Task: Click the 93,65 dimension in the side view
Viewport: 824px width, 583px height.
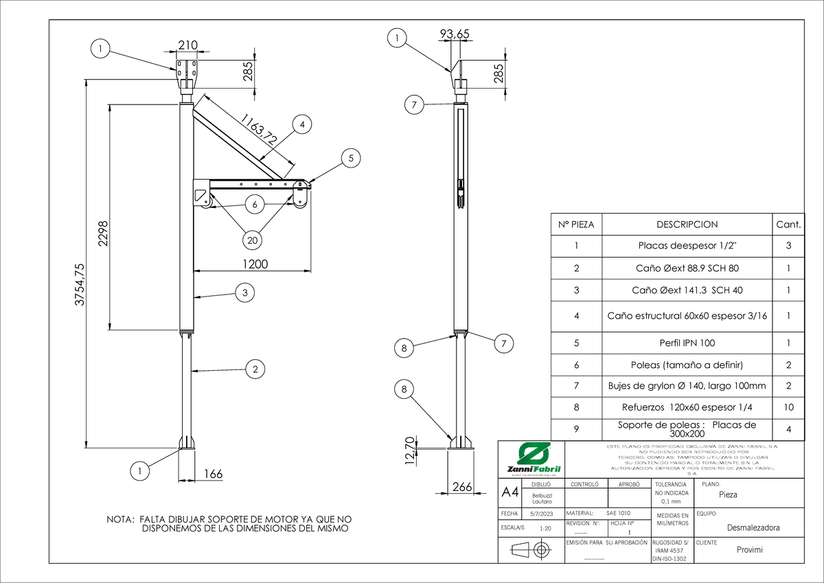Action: (454, 35)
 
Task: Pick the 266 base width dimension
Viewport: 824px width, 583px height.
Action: (461, 487)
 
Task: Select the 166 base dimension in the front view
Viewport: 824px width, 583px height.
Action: (214, 474)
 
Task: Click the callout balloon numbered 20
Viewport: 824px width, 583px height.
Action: (253, 240)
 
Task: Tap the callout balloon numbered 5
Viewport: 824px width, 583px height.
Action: (351, 158)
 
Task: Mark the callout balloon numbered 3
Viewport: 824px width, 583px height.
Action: (244, 293)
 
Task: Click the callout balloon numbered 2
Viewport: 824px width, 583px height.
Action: (255, 369)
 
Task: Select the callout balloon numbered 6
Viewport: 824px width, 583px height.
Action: (254, 205)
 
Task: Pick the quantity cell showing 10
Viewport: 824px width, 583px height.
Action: (788, 407)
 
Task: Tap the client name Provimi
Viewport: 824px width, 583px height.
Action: (749, 550)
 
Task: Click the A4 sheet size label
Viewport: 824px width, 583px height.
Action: (510, 493)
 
